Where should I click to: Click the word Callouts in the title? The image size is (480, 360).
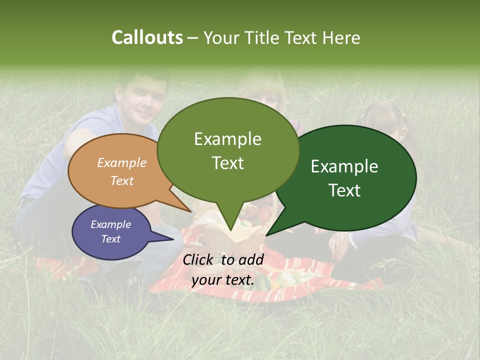tap(147, 37)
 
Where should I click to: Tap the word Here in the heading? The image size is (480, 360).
tap(341, 37)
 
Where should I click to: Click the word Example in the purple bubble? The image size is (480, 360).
tap(110, 224)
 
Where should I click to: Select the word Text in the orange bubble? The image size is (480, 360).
tap(122, 180)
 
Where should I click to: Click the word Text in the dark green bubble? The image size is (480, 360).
tap(344, 190)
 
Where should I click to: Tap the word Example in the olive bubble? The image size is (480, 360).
tap(227, 138)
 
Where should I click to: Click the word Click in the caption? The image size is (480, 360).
tap(199, 259)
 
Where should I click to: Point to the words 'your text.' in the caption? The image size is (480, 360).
tap(223, 280)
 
